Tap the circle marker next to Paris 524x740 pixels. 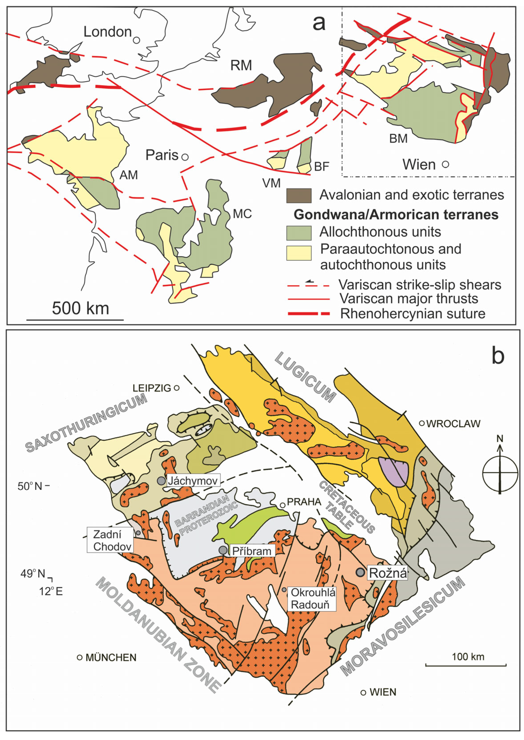[185, 157]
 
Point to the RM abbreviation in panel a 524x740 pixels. [241, 65]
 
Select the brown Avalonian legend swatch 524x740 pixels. [299, 196]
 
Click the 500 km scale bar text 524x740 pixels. [80, 308]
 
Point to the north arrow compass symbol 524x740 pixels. [500, 473]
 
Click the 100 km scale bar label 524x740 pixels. [468, 656]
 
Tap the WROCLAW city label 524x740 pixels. [453, 423]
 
